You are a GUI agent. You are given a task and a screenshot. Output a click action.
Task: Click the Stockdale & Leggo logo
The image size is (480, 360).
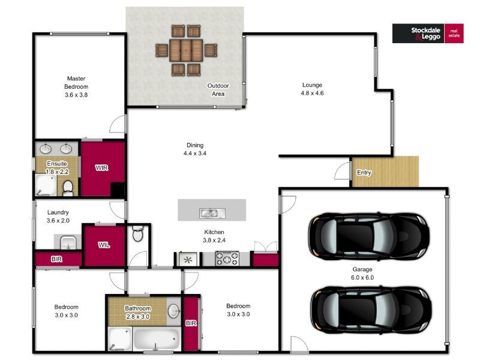(428, 34)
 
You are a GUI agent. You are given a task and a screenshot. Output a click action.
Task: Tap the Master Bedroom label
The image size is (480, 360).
(76, 83)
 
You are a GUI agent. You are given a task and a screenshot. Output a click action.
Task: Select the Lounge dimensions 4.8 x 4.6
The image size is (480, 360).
(312, 93)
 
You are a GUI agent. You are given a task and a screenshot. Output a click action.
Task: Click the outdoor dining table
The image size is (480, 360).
(186, 50)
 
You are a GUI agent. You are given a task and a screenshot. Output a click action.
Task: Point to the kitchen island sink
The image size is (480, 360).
(212, 213)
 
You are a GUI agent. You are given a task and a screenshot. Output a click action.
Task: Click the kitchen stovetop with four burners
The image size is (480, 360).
(227, 259)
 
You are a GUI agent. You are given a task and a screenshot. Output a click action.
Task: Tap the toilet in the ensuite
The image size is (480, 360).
(68, 188)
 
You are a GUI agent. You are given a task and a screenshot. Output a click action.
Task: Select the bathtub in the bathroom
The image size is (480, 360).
(157, 338)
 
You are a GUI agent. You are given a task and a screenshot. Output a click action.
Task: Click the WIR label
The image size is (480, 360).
(101, 168)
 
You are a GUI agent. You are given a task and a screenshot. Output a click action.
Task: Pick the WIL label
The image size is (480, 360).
(104, 245)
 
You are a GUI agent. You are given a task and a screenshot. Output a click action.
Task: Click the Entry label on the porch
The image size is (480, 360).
(364, 172)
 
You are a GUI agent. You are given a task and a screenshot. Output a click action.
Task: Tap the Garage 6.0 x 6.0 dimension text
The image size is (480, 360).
(362, 278)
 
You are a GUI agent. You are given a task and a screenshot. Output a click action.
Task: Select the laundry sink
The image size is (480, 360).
(68, 242)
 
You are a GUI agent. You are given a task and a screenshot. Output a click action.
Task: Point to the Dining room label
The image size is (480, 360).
(195, 145)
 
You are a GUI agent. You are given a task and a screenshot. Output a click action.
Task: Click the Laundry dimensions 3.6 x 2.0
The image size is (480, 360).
(58, 220)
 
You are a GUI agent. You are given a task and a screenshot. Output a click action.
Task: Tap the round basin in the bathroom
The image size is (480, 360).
(174, 311)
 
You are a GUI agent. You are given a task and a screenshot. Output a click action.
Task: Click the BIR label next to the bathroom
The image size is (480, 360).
(191, 323)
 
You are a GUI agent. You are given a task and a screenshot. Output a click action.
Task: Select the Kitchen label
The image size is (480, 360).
(214, 232)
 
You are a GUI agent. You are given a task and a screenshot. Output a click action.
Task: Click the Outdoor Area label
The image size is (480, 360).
(218, 89)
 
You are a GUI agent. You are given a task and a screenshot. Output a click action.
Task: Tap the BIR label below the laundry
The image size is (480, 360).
(56, 259)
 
